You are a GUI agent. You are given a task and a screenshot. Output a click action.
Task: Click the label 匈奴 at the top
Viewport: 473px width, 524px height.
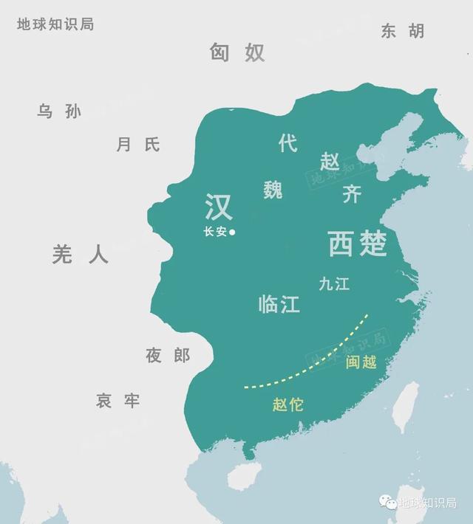[236, 52]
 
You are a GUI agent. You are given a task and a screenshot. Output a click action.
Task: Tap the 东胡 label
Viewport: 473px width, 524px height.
[403, 31]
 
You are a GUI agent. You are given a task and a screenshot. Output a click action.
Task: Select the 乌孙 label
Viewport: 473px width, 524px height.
[59, 111]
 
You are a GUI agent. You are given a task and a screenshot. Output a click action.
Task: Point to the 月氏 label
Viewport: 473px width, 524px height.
[137, 145]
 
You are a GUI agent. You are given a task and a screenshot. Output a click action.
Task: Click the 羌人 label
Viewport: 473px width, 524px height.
[80, 255]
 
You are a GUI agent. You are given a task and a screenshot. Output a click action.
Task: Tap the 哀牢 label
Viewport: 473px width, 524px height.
[118, 401]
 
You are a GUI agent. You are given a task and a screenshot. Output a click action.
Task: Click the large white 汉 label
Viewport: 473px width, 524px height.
[219, 207]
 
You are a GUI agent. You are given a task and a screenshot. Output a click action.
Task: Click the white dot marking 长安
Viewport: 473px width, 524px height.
[232, 232]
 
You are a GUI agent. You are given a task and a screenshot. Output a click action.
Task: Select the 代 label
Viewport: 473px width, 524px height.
[288, 143]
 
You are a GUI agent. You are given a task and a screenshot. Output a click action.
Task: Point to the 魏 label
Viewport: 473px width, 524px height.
[273, 190]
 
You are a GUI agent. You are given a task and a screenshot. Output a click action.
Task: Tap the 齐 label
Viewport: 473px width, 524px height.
[352, 194]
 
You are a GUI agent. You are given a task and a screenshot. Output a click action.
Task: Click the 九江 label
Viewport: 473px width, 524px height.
[334, 283]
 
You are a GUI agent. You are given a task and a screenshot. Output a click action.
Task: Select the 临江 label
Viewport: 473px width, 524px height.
[279, 304]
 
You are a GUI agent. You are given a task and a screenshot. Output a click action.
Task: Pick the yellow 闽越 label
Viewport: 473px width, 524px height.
[361, 362]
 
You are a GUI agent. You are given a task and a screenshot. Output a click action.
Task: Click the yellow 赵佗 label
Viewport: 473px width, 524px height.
[288, 404]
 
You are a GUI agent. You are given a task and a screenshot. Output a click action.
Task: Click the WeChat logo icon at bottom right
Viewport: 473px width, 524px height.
[387, 503]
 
